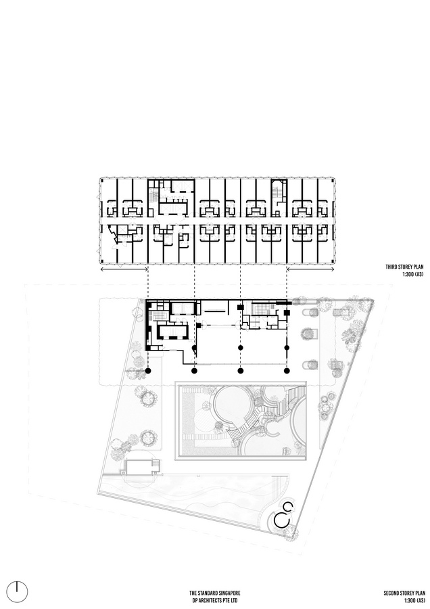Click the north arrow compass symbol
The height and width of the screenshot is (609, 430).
pos(18,592)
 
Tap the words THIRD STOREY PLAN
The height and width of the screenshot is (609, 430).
pos(404,267)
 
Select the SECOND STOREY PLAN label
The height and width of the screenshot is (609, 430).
pos(404,593)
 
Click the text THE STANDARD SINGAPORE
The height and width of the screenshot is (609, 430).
pos(214,593)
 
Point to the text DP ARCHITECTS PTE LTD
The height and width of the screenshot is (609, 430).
pos(214,600)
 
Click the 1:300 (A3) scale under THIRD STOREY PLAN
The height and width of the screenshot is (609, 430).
pos(412,274)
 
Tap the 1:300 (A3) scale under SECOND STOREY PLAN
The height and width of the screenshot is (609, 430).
pos(414,600)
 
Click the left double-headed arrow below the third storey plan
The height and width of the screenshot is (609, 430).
pos(124,269)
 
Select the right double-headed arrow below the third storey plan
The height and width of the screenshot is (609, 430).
pos(310,269)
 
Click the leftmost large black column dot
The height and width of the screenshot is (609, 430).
pos(148,371)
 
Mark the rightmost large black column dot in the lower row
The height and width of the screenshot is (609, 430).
pos(287,371)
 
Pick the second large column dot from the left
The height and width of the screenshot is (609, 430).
pos(195,371)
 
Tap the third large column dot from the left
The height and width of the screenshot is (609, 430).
pos(241,371)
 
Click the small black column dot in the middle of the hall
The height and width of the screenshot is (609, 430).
pos(241,347)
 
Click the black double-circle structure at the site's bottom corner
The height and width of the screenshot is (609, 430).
pos(284,515)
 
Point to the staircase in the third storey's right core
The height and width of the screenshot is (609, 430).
pos(277,193)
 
